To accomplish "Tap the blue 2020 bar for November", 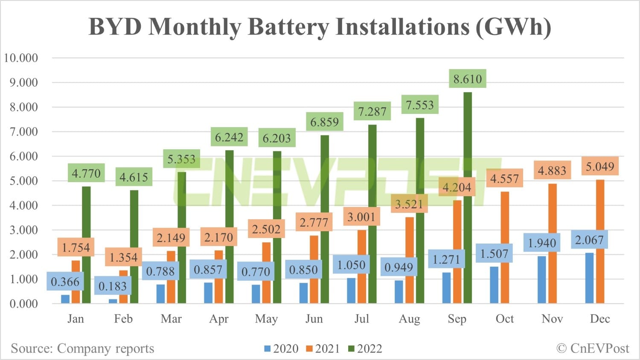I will pos(542,279).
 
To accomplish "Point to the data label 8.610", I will pos(468,79).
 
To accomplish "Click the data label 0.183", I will pos(113,286).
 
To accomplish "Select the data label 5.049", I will pos(599,166).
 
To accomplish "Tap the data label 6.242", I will pos(229,137).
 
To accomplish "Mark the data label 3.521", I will pos(409,204).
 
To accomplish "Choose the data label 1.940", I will pos(542,243).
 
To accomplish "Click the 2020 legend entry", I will pos(281,348).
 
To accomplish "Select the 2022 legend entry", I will pos(365,348).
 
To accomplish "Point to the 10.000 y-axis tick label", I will pos(21,58).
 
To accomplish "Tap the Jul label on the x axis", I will pos(361,319).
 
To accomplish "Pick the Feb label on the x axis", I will pos(123,319).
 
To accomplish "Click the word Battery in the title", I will pos(288,26).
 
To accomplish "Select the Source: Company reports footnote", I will pos(82,348).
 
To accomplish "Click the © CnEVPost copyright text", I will pos(593,348).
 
